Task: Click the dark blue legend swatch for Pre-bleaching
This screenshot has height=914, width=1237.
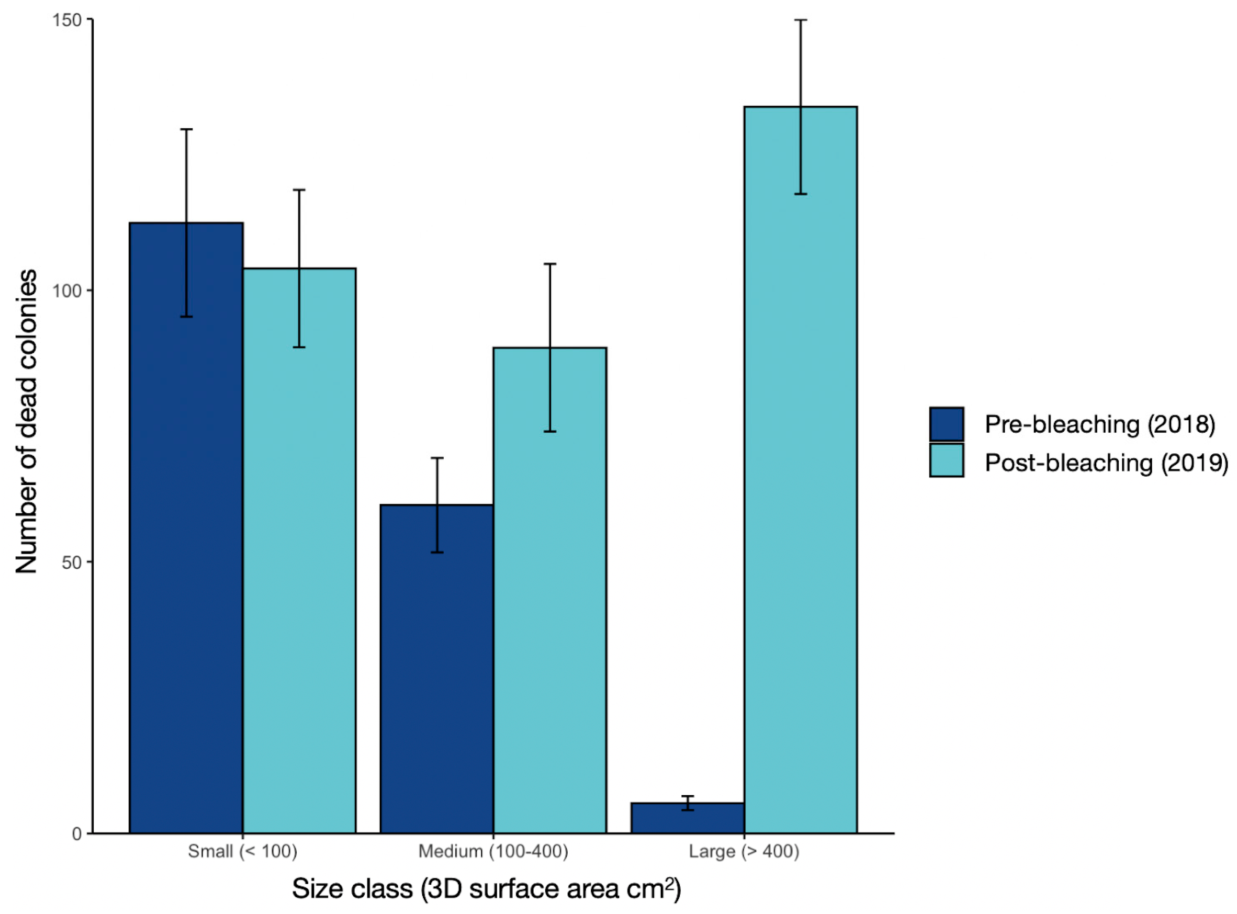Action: point(947,424)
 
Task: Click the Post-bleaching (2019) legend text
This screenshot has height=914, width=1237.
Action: point(1106,462)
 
